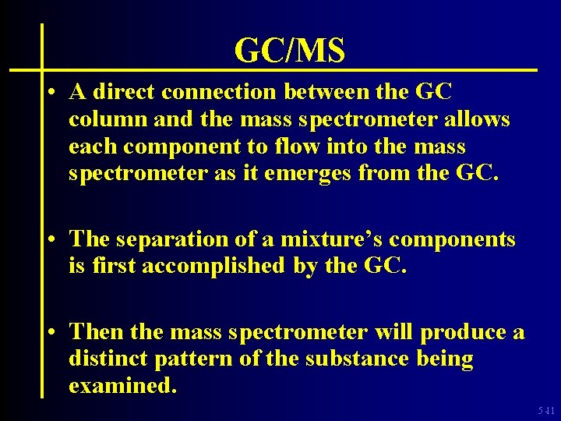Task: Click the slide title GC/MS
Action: [x=289, y=51]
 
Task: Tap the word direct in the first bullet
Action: [x=124, y=93]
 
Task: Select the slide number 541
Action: [x=547, y=410]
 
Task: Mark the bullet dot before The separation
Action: [x=50, y=240]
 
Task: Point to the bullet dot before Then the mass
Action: [x=50, y=333]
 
